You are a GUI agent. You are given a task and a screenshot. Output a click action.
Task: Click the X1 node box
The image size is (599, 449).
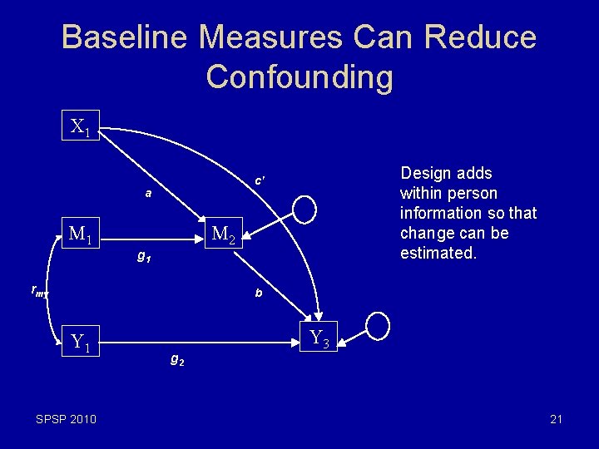coord(82,127)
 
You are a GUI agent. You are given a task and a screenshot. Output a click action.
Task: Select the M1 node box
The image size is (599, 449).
coord(81,235)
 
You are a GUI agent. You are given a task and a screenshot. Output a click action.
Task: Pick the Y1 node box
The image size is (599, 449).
coord(82,340)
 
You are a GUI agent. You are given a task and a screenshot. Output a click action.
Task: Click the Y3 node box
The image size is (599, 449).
coord(319,337)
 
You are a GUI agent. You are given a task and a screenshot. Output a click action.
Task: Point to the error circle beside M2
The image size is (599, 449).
coord(304,210)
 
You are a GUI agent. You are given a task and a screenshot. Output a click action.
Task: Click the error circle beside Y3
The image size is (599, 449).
coord(378,325)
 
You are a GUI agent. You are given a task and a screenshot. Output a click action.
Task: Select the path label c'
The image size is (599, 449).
coord(260,180)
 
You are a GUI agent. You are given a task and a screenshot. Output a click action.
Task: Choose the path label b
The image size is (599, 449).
coord(259,293)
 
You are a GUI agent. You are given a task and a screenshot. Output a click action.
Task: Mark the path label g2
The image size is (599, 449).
coord(177,360)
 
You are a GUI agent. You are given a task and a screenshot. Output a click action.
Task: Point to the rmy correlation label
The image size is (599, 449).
coord(40,291)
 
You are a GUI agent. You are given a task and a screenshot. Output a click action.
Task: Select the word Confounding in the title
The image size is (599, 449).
coord(299,76)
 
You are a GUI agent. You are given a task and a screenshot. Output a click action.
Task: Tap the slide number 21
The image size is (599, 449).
coord(556,419)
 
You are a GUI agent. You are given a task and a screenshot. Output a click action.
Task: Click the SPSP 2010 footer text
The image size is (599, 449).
coord(66,419)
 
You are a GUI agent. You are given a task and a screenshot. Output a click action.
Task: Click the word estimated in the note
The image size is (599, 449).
coord(438,254)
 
